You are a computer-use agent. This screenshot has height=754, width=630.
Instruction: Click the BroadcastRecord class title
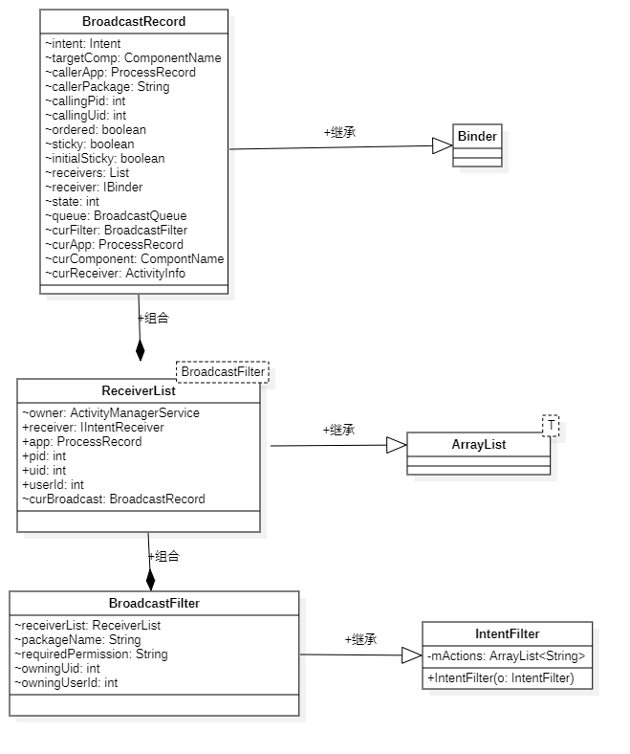click(134, 21)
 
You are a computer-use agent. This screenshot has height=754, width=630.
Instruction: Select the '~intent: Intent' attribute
click(83, 43)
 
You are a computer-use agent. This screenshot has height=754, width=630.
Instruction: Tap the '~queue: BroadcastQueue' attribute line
click(116, 215)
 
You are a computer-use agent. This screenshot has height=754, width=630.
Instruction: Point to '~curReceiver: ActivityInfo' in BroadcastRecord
click(115, 273)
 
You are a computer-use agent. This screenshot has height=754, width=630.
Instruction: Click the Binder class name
click(477, 136)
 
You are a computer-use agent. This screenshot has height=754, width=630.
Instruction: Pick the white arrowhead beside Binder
click(441, 145)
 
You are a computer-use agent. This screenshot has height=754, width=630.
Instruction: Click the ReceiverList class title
click(139, 390)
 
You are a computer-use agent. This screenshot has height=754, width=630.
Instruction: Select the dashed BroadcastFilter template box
click(223, 371)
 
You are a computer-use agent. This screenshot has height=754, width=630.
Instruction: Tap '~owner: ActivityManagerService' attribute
click(111, 412)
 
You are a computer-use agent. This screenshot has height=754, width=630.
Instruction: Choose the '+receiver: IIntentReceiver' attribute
click(93, 427)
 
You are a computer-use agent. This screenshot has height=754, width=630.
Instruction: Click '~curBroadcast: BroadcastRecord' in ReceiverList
click(113, 499)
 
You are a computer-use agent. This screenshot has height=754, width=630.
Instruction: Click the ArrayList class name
click(479, 444)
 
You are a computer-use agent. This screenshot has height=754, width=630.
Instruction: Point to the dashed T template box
click(551, 424)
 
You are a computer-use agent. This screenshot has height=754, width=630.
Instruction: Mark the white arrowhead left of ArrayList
click(395, 444)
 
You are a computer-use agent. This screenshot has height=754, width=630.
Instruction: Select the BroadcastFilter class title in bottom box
click(154, 603)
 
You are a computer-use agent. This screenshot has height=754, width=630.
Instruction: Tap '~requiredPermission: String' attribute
click(91, 654)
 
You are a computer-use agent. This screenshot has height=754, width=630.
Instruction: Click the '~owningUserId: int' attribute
click(66, 682)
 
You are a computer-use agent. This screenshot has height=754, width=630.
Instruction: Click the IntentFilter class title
click(507, 633)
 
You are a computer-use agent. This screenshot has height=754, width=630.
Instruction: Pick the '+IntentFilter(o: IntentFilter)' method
click(500, 677)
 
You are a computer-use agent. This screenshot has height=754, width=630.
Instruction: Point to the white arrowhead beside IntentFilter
click(410, 655)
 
